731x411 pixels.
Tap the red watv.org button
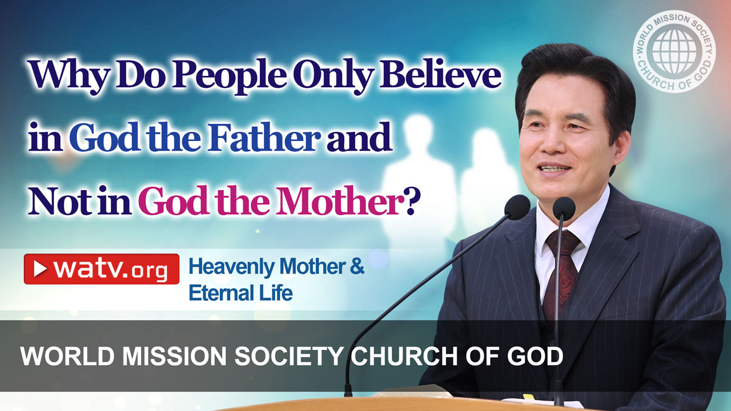pyautogui.click(x=101, y=269)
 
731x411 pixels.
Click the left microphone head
pyautogui.click(x=518, y=207)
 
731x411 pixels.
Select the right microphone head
pyautogui.click(x=564, y=208)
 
